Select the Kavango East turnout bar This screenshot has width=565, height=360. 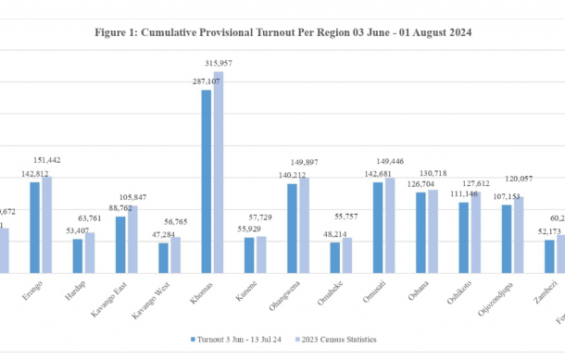pos(120,244)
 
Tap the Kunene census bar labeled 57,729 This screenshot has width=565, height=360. pos(261,254)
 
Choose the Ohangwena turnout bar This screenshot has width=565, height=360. pos(291,228)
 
